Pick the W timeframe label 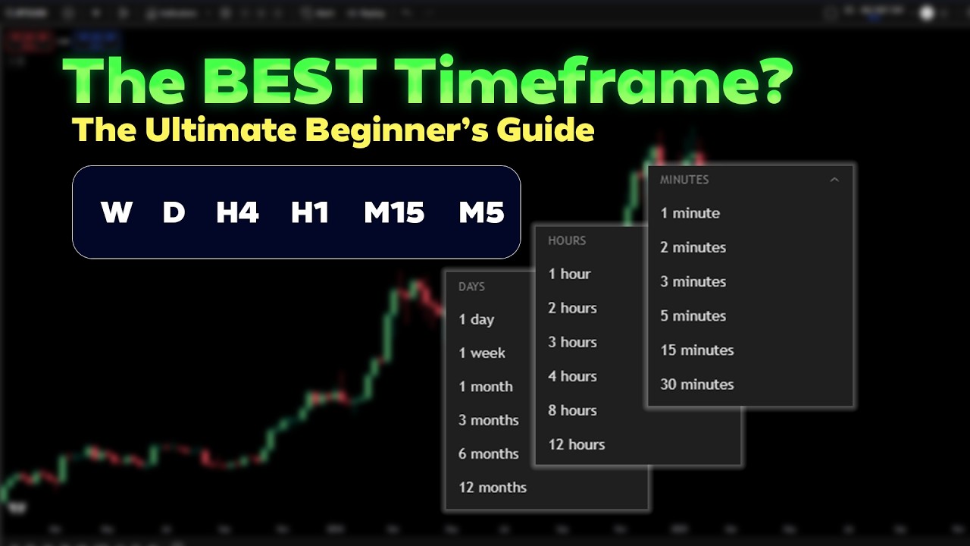coord(117,213)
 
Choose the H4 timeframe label coord(237,213)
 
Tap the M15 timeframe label coord(394,213)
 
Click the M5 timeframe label coord(481,213)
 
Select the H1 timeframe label coord(310,213)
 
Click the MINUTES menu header coord(684,180)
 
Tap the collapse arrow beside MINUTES coord(834,180)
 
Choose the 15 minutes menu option coord(696,350)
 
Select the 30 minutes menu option coord(696,384)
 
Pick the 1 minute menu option coord(690,213)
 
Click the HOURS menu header coord(567,240)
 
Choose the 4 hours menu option coord(572,376)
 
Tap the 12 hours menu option coord(576,444)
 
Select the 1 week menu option coord(481,353)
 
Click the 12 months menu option coord(492,488)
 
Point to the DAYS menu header coord(471,287)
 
